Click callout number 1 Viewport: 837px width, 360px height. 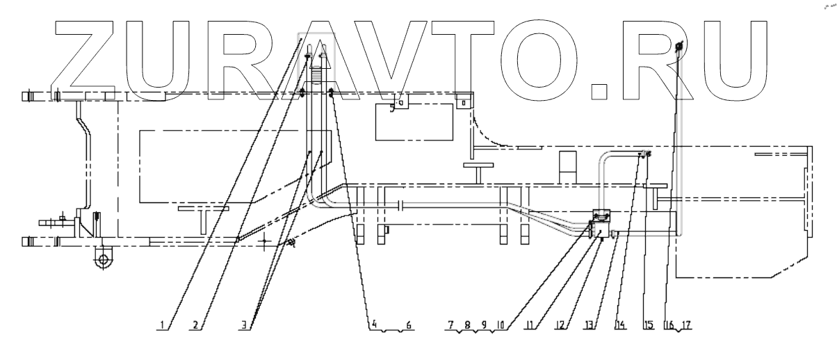click(161, 324)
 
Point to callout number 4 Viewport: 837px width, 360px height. click(373, 324)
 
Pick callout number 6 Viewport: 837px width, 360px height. click(409, 324)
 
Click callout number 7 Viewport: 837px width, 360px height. click(450, 324)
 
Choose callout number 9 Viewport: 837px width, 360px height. click(484, 324)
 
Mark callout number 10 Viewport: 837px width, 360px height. click(502, 324)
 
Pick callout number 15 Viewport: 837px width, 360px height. click(649, 324)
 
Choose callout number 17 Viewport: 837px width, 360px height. click(687, 324)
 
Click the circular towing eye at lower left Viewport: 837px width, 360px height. click(104, 261)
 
